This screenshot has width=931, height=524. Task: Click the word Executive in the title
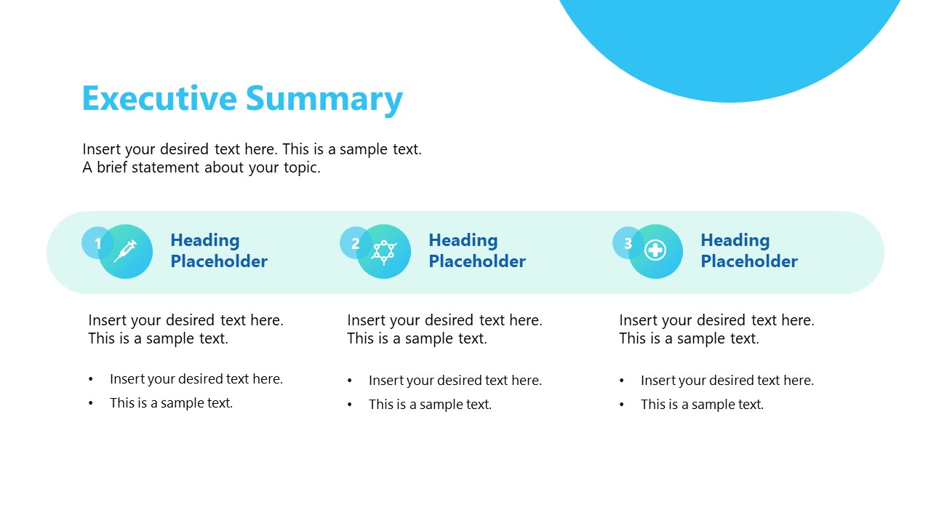pyautogui.click(x=159, y=99)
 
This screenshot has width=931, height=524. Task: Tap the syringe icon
pyautogui.click(x=126, y=251)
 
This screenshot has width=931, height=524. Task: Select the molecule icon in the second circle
pyautogui.click(x=384, y=251)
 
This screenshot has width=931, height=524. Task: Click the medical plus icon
pyautogui.click(x=655, y=251)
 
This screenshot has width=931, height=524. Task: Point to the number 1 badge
pyautogui.click(x=97, y=243)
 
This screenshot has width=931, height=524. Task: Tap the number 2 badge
pyautogui.click(x=355, y=243)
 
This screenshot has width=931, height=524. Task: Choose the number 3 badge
pyautogui.click(x=628, y=243)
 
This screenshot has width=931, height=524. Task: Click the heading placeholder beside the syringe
pyautogui.click(x=219, y=250)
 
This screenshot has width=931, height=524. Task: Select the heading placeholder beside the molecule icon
pyautogui.click(x=477, y=250)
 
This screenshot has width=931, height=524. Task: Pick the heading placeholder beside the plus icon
pyautogui.click(x=749, y=250)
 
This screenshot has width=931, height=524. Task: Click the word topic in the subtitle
pyautogui.click(x=300, y=167)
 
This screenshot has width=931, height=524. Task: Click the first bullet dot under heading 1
pyautogui.click(x=91, y=379)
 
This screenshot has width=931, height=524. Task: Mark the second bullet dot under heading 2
pyautogui.click(x=350, y=405)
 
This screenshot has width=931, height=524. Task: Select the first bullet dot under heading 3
pyautogui.click(x=622, y=381)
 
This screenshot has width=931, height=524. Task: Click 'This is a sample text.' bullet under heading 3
pyautogui.click(x=702, y=405)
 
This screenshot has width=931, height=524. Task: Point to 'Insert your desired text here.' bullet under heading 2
pyautogui.click(x=455, y=381)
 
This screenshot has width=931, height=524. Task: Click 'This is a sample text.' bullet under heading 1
pyautogui.click(x=171, y=403)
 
